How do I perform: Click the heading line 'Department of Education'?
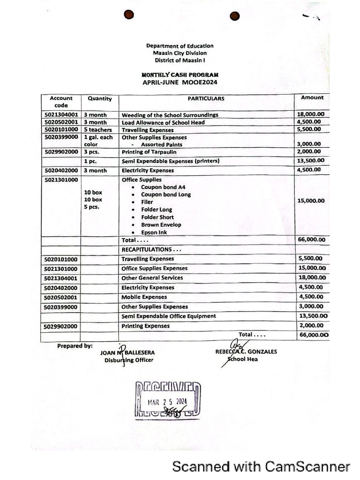tap(180, 46)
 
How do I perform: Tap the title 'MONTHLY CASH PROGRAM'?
tap(180, 75)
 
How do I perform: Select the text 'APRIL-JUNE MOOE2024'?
tap(180, 82)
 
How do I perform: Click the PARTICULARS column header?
tap(206, 98)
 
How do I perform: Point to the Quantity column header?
tap(99, 98)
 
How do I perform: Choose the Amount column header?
tap(312, 97)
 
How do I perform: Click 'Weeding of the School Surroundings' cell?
tap(170, 115)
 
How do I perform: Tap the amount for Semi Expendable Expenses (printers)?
tap(311, 160)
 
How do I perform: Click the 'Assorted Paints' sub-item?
tap(162, 145)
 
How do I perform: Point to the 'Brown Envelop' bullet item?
tap(161, 225)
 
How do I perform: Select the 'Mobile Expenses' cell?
tap(144, 297)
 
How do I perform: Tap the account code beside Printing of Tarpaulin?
tap(61, 152)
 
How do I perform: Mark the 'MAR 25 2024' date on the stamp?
tap(167, 402)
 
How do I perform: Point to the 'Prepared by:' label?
tap(75, 346)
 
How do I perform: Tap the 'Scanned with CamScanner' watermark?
tap(261, 466)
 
